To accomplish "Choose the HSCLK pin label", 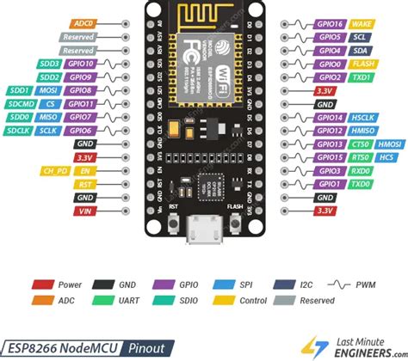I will point(338,118).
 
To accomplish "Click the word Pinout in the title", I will point(151,348).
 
